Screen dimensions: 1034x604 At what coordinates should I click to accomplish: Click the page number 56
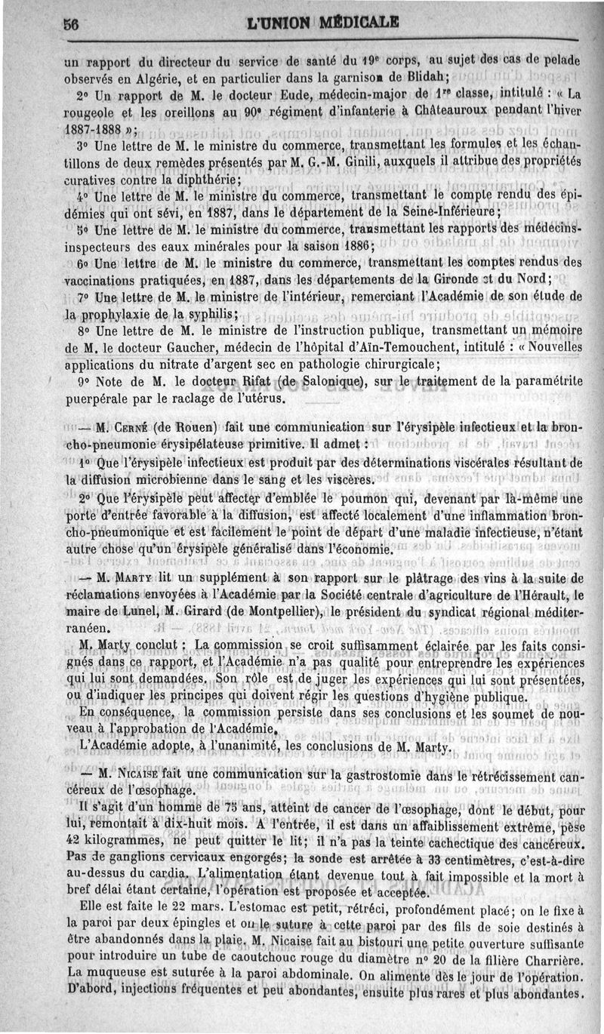(x=72, y=23)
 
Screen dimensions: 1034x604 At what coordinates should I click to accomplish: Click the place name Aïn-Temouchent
(x=410, y=347)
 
